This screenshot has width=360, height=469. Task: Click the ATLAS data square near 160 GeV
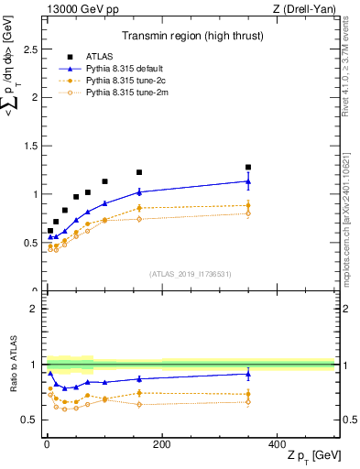tap(139, 172)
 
